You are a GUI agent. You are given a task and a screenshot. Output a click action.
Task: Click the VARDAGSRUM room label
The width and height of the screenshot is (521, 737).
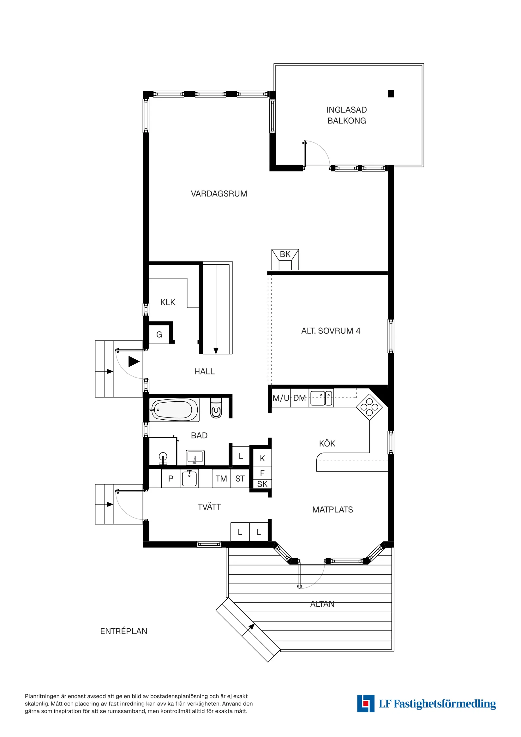click(x=219, y=194)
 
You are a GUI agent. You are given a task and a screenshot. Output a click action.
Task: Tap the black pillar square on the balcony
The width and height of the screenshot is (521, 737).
click(x=391, y=94)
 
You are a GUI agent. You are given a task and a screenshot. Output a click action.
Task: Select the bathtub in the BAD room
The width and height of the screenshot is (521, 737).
click(x=174, y=410)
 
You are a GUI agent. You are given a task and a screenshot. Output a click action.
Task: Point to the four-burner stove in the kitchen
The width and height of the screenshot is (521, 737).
click(x=369, y=407)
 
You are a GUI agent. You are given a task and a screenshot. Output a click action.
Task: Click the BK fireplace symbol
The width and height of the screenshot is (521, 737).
click(x=285, y=259)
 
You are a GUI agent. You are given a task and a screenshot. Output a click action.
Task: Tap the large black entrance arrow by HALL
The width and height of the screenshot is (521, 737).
click(x=134, y=362)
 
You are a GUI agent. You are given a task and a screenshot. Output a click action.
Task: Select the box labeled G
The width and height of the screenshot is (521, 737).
click(x=159, y=334)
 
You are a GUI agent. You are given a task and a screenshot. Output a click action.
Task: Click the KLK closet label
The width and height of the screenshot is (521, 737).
click(x=168, y=303)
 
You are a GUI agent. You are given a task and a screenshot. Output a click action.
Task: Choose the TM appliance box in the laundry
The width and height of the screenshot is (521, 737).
click(x=221, y=479)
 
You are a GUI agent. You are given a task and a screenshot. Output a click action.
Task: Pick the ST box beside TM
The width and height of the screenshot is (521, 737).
click(x=240, y=479)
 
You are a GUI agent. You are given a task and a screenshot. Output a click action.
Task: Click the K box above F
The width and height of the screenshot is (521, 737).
click(x=262, y=458)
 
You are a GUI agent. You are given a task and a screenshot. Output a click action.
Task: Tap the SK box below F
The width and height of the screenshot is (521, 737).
click(x=262, y=484)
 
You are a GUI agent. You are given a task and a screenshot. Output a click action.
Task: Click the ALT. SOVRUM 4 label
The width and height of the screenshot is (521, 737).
click(x=331, y=331)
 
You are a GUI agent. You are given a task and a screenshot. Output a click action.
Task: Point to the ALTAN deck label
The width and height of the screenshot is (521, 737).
click(x=322, y=604)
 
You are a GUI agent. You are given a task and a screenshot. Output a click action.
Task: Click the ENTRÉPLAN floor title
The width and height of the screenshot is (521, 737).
click(x=123, y=631)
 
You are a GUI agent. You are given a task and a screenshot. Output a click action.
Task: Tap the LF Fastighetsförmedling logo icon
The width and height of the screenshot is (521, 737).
click(x=366, y=704)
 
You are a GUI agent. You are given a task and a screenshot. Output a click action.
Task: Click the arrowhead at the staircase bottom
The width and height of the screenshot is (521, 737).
click(x=216, y=351)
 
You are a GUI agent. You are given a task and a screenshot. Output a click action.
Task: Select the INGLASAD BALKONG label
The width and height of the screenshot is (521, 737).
click(x=347, y=115)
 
